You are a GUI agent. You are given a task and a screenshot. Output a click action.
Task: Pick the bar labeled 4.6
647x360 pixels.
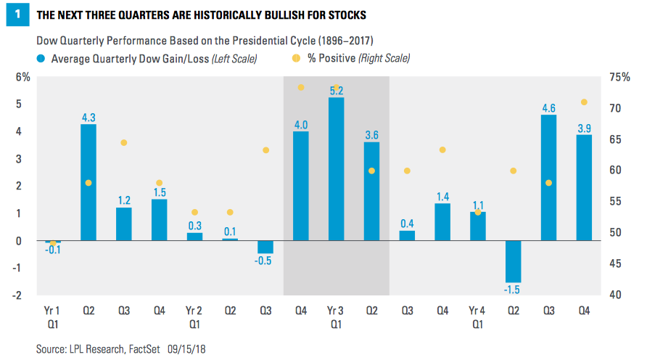548,178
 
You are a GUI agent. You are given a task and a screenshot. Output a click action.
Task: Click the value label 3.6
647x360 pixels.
371,135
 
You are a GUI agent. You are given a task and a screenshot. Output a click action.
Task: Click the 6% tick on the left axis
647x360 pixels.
25,77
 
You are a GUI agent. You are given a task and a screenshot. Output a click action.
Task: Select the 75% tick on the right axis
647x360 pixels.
622,77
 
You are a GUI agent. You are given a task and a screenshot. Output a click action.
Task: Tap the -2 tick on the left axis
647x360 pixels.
25,295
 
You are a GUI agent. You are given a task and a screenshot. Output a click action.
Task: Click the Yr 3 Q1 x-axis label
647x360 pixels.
336,316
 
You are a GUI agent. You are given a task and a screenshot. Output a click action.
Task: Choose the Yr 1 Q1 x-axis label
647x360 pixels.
52,316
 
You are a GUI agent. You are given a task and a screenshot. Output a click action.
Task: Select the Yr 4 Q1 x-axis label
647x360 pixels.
478,316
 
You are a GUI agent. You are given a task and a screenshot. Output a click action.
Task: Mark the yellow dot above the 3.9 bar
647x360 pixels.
584,102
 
